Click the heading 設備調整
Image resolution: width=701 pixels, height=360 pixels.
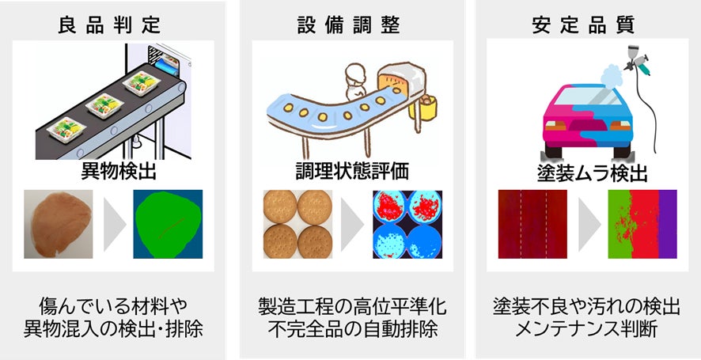tap(351, 25)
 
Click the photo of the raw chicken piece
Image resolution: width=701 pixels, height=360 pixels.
tap(57, 224)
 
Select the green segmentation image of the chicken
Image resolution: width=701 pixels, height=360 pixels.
tap(167, 224)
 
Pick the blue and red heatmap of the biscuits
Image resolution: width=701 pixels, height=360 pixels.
tap(407, 224)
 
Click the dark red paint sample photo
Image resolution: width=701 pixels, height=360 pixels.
tap(532, 224)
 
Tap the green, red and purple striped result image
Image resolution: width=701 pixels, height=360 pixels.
tap(642, 224)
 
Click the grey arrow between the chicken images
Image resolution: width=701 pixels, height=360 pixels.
tap(114, 224)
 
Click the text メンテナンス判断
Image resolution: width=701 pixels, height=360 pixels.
tap(585, 328)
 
